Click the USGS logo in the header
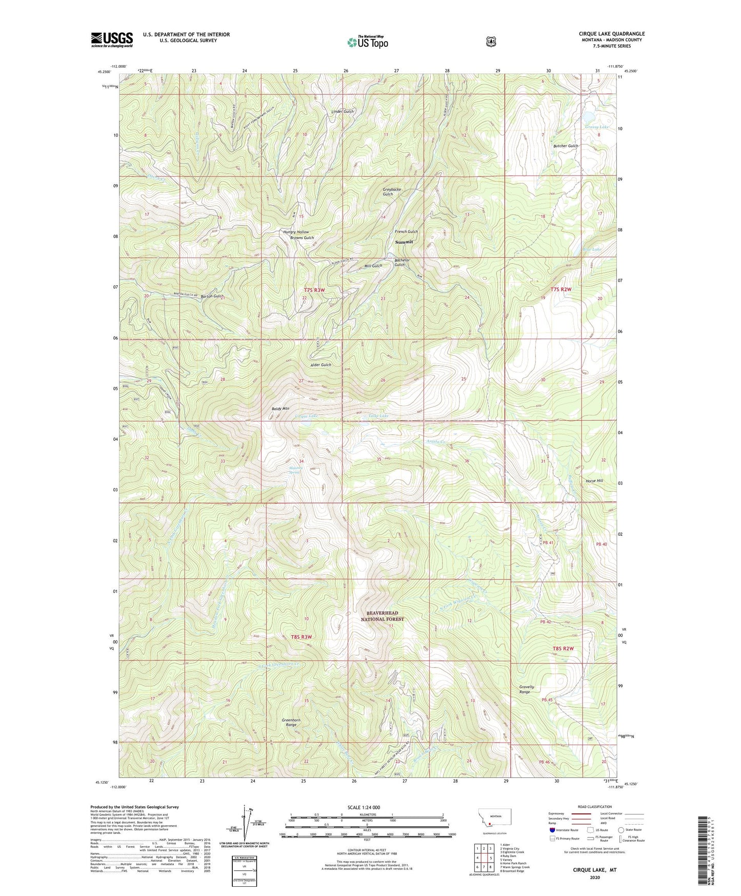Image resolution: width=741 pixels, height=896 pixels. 112,40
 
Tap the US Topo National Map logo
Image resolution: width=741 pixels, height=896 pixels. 367,42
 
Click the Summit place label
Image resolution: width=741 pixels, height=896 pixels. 404,242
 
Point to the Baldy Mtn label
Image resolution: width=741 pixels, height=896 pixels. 281,408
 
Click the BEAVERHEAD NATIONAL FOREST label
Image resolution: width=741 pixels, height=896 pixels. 385,616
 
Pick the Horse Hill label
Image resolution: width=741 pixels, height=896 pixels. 594,481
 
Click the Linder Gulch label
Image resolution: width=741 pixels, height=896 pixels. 342,111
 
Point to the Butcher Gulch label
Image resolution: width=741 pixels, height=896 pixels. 566,146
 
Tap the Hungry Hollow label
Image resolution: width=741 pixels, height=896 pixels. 296,232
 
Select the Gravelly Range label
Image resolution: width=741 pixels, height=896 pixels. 527,689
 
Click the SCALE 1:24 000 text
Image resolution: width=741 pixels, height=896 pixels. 364,807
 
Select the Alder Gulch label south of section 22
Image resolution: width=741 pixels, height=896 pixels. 321,365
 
